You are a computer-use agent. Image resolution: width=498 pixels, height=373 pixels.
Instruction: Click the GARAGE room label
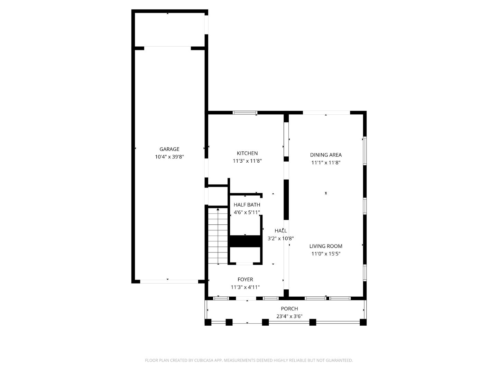click(x=169, y=149)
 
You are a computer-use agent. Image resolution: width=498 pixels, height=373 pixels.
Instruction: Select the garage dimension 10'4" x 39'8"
click(x=169, y=157)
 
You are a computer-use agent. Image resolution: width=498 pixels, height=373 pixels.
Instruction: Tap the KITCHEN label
click(x=247, y=153)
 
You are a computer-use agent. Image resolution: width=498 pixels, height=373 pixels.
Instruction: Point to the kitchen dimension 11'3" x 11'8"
click(x=247, y=161)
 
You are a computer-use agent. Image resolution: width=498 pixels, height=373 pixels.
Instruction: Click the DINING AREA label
click(x=326, y=155)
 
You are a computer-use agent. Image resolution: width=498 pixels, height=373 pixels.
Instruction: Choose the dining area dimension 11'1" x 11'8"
click(x=326, y=163)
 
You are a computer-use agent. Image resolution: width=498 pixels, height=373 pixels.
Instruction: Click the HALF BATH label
click(x=247, y=205)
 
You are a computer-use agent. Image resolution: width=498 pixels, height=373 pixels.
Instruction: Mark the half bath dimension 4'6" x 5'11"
click(x=247, y=212)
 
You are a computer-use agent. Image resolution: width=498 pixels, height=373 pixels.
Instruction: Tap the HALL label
click(x=280, y=231)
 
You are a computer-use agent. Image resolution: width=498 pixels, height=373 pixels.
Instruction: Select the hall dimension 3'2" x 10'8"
click(x=280, y=238)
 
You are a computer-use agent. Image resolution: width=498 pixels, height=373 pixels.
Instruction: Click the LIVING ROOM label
click(x=326, y=246)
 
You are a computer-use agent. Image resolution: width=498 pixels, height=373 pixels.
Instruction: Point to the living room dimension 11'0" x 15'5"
click(x=326, y=254)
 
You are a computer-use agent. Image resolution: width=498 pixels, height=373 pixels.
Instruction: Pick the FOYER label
click(x=245, y=279)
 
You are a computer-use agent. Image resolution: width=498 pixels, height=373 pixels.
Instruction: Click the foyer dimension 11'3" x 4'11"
click(x=245, y=287)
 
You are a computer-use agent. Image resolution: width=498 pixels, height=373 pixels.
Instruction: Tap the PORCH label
click(x=289, y=309)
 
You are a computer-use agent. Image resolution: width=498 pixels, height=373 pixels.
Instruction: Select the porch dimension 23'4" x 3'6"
click(x=289, y=316)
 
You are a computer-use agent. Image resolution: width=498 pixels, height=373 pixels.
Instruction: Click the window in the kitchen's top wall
click(x=245, y=113)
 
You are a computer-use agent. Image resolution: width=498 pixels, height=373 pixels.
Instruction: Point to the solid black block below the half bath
click(x=245, y=241)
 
